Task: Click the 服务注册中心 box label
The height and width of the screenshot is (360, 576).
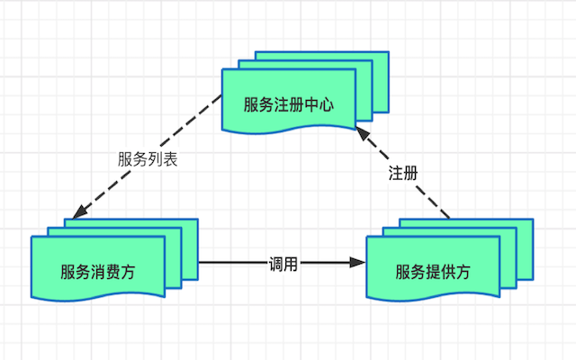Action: pos(289,104)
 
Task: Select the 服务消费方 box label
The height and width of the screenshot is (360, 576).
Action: pos(98,272)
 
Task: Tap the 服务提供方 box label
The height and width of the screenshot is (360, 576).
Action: pos(433,272)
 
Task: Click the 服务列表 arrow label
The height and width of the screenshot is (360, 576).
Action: pos(148,159)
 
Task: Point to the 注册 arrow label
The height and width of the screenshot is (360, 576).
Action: pos(403,173)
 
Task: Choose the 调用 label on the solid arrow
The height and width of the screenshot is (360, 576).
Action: pos(283,264)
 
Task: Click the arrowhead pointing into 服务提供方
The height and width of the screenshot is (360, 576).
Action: pos(357,263)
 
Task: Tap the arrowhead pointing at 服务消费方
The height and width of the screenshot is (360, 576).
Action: pos(80,212)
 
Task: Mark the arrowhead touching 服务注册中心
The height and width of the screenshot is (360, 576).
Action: pos(363,134)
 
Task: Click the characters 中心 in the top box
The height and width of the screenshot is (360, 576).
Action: pos(319,104)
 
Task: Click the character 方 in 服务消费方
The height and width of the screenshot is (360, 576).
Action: pos(128,272)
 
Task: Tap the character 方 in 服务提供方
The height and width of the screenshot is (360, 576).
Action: pos(463,272)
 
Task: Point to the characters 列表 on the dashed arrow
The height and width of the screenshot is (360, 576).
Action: pos(163,159)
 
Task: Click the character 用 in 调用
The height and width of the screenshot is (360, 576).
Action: pos(291,264)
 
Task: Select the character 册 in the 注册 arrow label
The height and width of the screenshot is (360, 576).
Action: pos(411,173)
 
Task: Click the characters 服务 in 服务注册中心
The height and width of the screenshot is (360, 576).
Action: pos(258,104)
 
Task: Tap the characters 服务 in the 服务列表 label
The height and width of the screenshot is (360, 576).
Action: pos(132,159)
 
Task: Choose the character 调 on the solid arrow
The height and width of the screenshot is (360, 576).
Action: pos(275,264)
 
